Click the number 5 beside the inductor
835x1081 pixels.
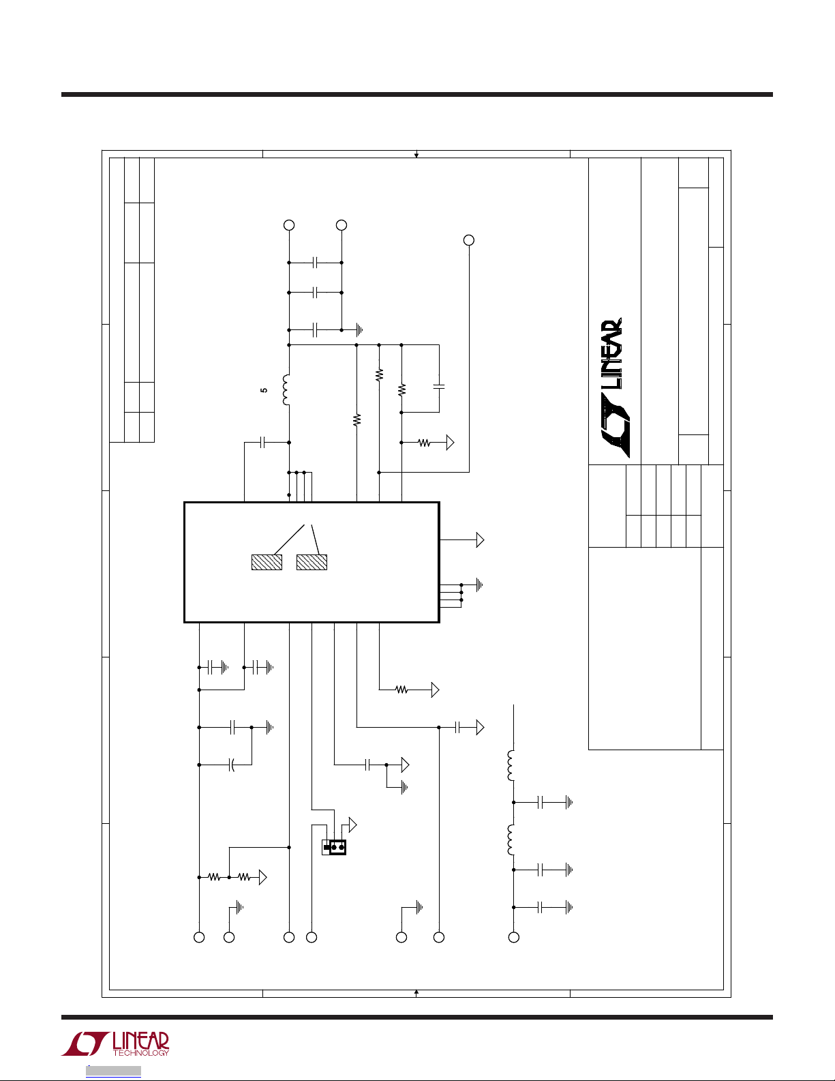[264, 391]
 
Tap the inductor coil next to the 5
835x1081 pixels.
[286, 390]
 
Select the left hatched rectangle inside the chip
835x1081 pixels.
[267, 562]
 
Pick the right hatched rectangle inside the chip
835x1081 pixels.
[312, 562]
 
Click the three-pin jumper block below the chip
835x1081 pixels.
[334, 846]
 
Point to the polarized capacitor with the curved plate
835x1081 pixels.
[232, 765]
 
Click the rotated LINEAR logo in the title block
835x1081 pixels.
[612, 388]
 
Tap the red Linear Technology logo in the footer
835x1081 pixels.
[115, 1043]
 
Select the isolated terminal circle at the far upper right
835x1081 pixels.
[469, 240]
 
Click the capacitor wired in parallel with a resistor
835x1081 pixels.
[439, 386]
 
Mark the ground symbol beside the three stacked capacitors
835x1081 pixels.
[359, 330]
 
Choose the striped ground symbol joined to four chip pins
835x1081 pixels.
[479, 585]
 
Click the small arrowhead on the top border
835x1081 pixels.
[416, 156]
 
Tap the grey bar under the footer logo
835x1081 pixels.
[113, 1071]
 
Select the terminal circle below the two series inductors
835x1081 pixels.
[514, 937]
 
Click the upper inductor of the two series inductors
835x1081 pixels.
[511, 766]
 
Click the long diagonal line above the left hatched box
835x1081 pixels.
[289, 539]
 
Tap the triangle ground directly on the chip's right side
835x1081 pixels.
[480, 539]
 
